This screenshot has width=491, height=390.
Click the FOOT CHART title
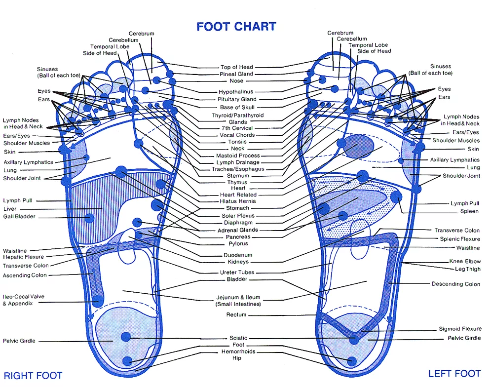pyautogui.click(x=236, y=27)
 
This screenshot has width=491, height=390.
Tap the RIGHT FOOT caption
pyautogui.click(x=33, y=376)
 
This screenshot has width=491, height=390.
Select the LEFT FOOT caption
pyautogui.click(x=454, y=374)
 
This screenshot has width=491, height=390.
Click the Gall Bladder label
pyautogui.click(x=19, y=217)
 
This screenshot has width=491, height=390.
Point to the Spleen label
pyautogui.click(x=469, y=211)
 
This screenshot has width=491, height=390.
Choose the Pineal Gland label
pyautogui.click(x=236, y=74)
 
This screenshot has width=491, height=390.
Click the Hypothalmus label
pyautogui.click(x=236, y=92)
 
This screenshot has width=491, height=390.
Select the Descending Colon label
pyautogui.click(x=455, y=284)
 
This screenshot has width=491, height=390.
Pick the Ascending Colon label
pyautogui.click(x=25, y=275)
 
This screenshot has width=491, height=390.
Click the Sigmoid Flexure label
pyautogui.click(x=460, y=329)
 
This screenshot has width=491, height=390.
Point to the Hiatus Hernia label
pyautogui.click(x=238, y=201)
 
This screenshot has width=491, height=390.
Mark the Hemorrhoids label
pyautogui.click(x=238, y=351)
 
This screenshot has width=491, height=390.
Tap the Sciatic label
pyautogui.click(x=238, y=338)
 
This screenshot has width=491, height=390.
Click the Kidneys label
pyautogui.click(x=238, y=262)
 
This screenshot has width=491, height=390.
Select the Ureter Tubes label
pyautogui.click(x=237, y=273)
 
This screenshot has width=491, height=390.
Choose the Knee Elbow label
pyautogui.click(x=465, y=261)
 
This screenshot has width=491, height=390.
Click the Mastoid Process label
pyautogui.click(x=238, y=156)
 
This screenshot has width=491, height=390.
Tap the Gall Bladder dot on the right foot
pyautogui.click(x=90, y=217)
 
